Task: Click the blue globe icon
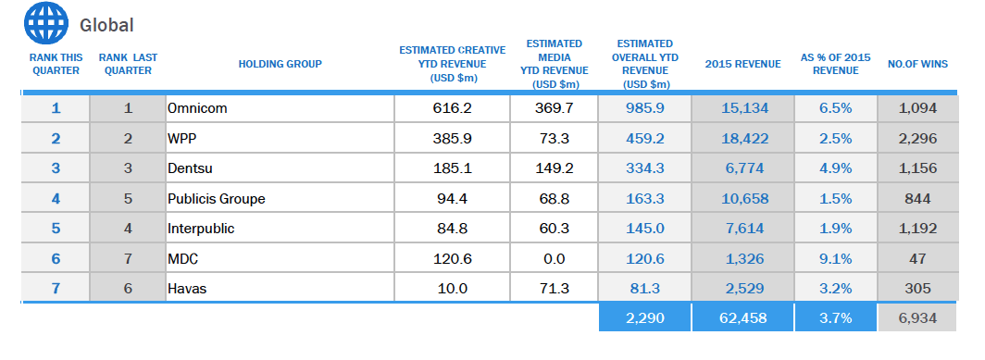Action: [x=46, y=23]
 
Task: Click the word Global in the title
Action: [x=106, y=25]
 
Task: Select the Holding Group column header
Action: [x=281, y=64]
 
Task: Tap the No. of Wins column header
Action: [x=917, y=64]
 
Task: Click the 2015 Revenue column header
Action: [x=743, y=64]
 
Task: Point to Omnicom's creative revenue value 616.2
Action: [x=453, y=108]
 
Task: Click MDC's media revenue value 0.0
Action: [x=554, y=259]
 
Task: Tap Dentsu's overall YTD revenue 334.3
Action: [x=645, y=168]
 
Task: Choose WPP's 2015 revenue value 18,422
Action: [x=744, y=138]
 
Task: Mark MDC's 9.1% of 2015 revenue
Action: [x=835, y=259]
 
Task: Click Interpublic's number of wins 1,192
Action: [x=917, y=229]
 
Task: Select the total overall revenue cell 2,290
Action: [x=645, y=318]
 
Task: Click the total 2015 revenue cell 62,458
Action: [x=743, y=318]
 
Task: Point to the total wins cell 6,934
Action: [x=917, y=318]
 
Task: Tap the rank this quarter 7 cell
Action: [x=56, y=289]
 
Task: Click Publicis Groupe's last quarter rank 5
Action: [x=128, y=199]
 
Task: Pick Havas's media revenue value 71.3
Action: [x=554, y=289]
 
